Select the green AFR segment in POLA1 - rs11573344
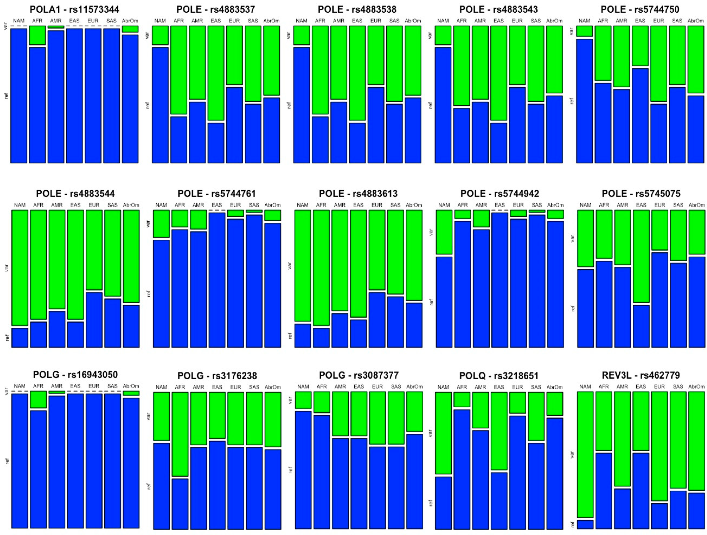point(37,35)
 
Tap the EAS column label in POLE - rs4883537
point(216,21)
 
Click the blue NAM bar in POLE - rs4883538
point(302,105)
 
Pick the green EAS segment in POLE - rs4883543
point(499,73)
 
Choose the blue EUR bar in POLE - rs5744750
point(659,133)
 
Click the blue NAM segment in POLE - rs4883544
point(20,338)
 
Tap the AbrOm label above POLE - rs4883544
point(131,205)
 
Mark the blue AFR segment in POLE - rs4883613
point(321,338)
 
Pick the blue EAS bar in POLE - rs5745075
point(641,326)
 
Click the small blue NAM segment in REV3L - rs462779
point(585,525)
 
